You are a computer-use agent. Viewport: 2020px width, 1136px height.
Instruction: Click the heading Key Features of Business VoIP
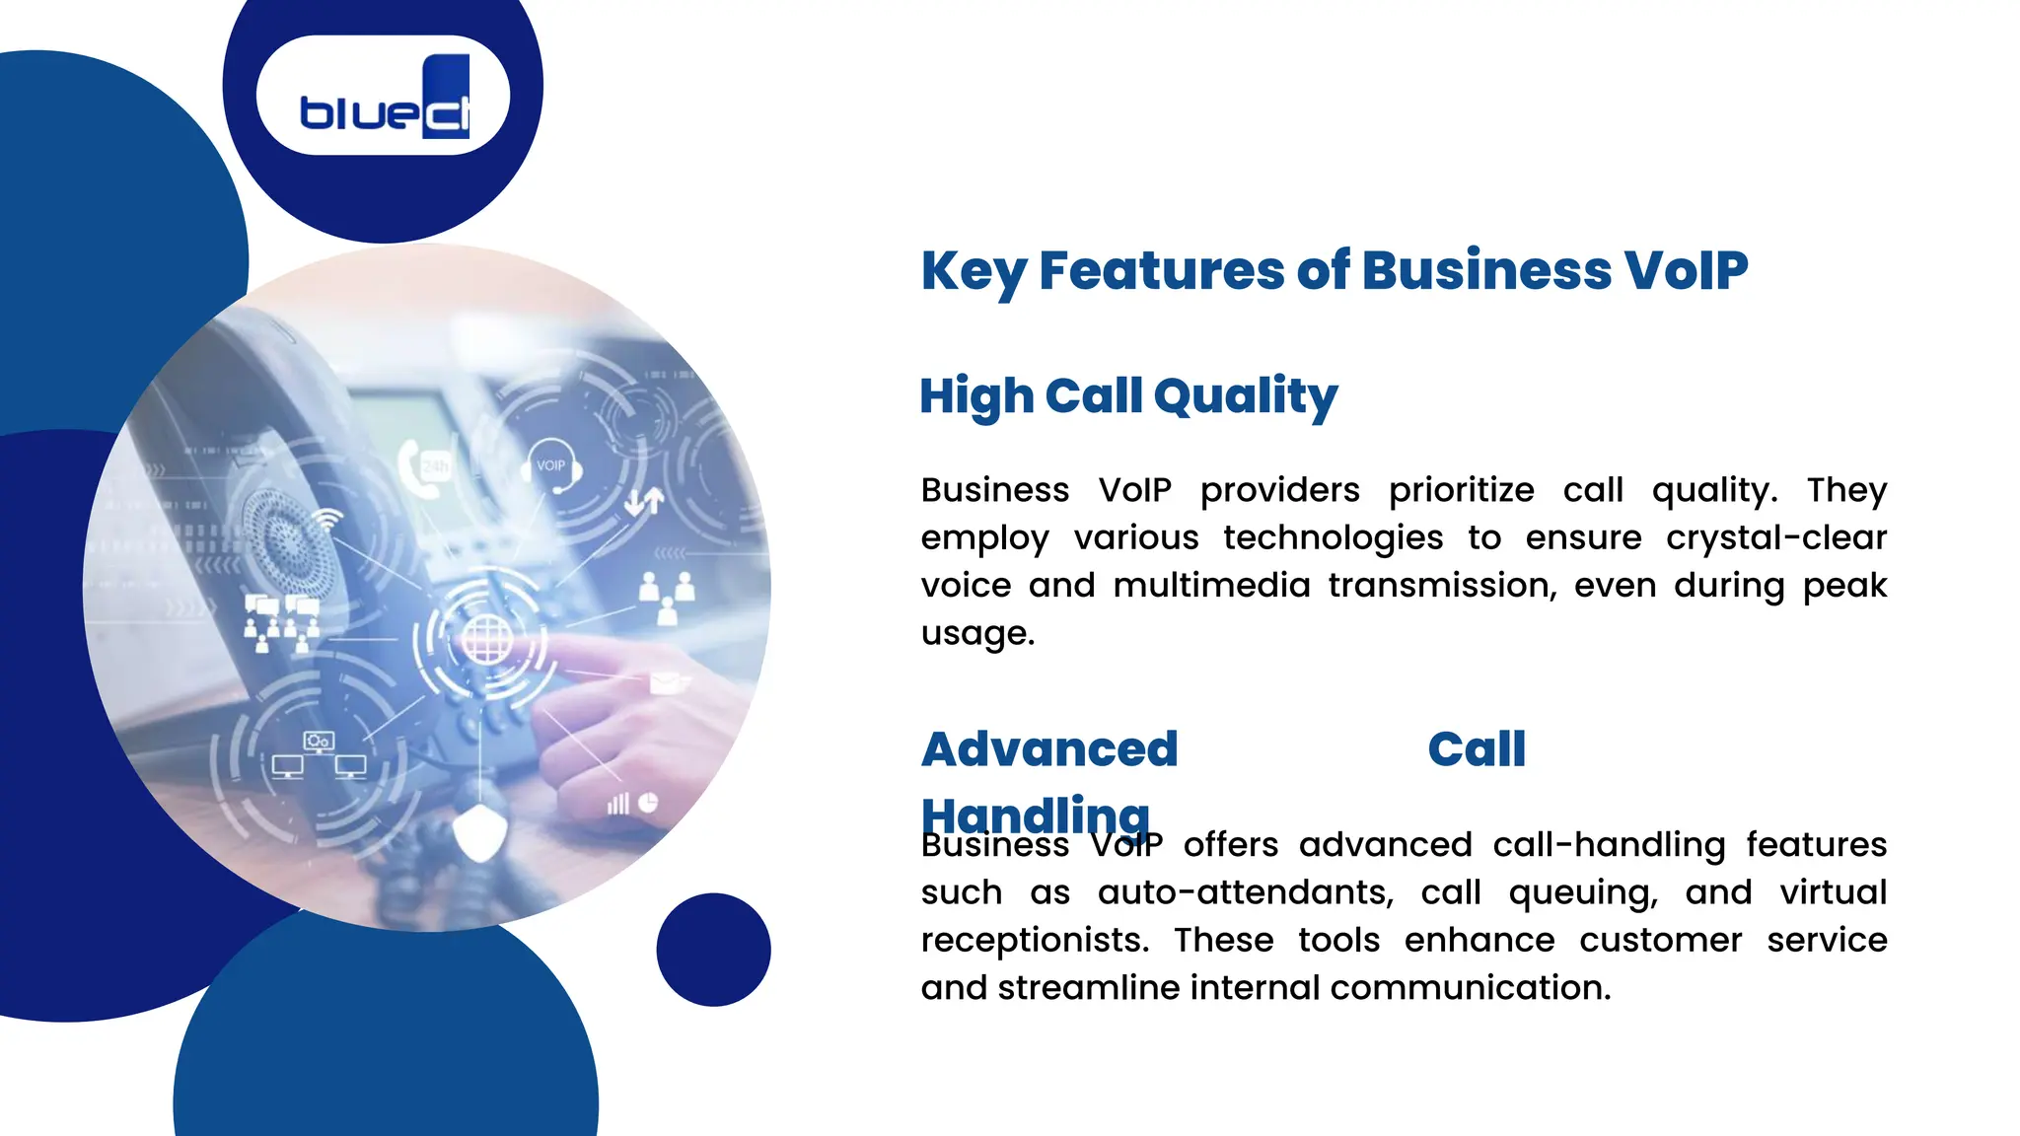point(1334,270)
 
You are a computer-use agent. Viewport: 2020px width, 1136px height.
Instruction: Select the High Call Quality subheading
point(1128,396)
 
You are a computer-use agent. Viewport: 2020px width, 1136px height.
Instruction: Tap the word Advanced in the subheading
point(1049,749)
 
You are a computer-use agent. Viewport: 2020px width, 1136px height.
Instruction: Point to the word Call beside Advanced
point(1476,749)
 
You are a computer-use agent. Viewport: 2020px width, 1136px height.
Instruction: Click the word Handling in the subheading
point(1036,815)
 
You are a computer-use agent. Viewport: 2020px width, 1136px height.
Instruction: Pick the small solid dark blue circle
point(713,950)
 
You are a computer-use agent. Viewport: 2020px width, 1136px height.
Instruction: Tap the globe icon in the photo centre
point(486,640)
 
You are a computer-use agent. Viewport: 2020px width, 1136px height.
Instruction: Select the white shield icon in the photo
point(480,830)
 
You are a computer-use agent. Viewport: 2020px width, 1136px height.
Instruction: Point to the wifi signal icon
point(328,519)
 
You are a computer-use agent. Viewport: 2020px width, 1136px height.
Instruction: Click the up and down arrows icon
point(644,501)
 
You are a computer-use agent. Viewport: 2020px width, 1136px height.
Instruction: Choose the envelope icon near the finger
point(665,681)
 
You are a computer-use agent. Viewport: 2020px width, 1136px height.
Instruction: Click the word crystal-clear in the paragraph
point(1775,538)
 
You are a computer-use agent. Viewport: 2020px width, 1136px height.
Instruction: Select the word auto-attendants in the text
point(1245,893)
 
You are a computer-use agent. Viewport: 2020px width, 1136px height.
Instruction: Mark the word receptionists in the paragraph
point(1035,941)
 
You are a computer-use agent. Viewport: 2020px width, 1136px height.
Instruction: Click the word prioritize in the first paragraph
point(1461,490)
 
